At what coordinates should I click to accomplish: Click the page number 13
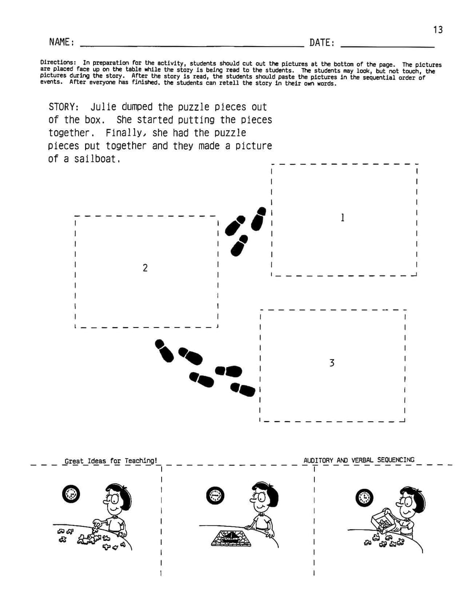pyautogui.click(x=438, y=30)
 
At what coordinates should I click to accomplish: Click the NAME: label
pyautogui.click(x=62, y=42)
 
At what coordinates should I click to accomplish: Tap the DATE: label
pyautogui.click(x=322, y=43)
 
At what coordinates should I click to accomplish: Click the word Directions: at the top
pyautogui.click(x=58, y=63)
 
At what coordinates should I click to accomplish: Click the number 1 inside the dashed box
pyautogui.click(x=343, y=218)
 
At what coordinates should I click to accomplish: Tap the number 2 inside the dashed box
pyautogui.click(x=145, y=268)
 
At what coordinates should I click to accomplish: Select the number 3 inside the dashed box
pyautogui.click(x=332, y=363)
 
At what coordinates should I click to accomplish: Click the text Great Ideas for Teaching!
pyautogui.click(x=111, y=461)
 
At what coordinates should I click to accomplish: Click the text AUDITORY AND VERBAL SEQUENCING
pyautogui.click(x=359, y=460)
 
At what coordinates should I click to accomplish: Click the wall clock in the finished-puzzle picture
pyautogui.click(x=215, y=495)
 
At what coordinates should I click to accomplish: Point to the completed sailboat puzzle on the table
pyautogui.click(x=231, y=538)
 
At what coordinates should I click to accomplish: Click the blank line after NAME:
pyautogui.click(x=192, y=47)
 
